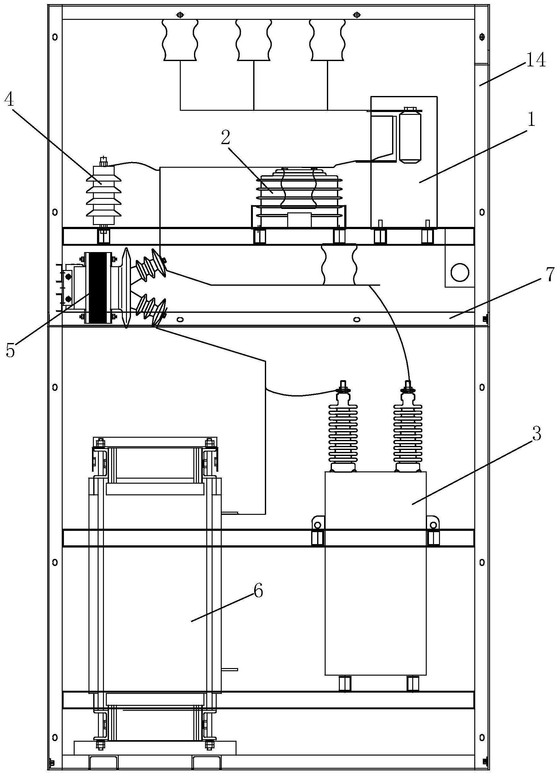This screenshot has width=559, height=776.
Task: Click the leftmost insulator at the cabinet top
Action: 180,40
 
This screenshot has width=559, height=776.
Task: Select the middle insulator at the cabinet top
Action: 254,40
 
